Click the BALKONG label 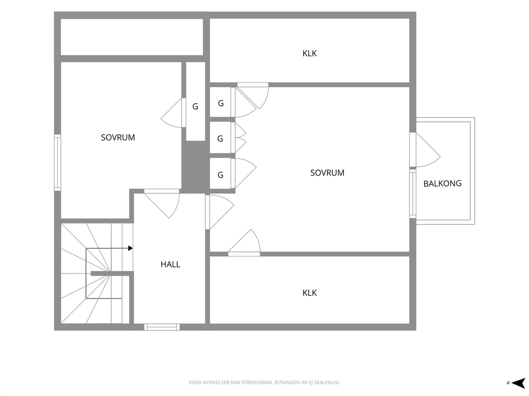click(x=442, y=184)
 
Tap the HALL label click(x=170, y=265)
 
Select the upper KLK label click(x=310, y=54)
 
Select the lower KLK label click(x=310, y=293)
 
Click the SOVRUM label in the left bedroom click(x=118, y=137)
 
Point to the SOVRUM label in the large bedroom click(x=327, y=173)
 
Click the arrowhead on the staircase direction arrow click(x=131, y=249)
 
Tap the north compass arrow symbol click(x=518, y=383)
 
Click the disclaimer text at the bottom click(x=264, y=383)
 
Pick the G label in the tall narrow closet click(x=195, y=107)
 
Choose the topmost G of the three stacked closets click(x=221, y=103)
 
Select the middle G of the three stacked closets click(x=220, y=139)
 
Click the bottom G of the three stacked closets click(x=220, y=175)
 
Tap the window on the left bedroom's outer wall click(x=58, y=163)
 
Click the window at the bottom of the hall click(x=162, y=327)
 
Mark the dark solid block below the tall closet click(x=194, y=167)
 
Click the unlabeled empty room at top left click(x=132, y=37)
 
